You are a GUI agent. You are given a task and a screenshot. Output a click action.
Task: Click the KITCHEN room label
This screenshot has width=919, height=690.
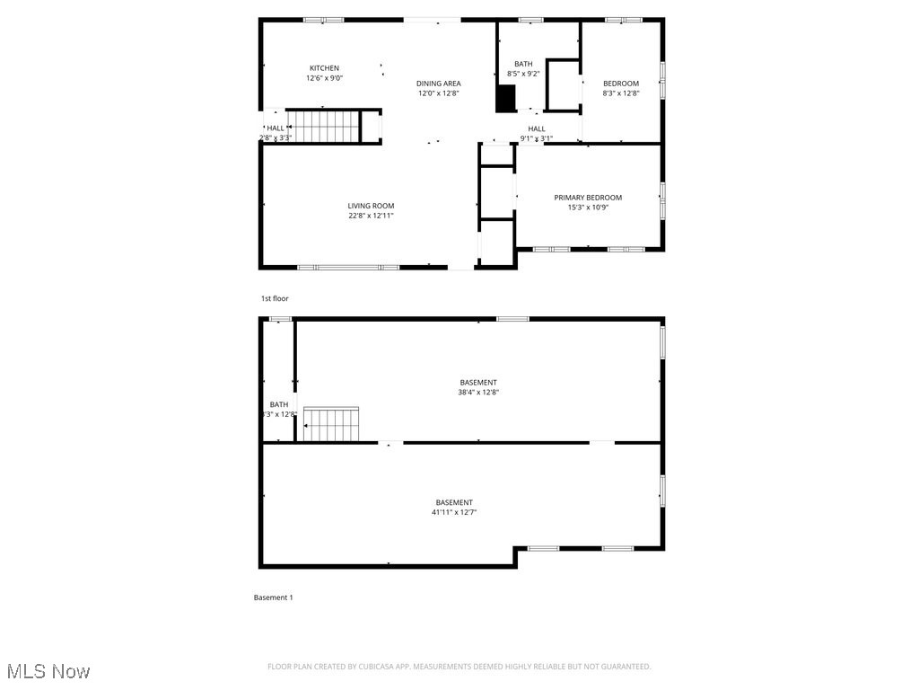[324, 68]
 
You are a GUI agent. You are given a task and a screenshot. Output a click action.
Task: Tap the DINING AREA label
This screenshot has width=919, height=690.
[438, 84]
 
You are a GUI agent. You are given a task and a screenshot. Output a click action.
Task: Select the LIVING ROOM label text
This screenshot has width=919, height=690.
[371, 206]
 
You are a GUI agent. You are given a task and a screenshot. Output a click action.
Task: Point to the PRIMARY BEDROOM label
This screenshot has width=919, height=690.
[587, 198]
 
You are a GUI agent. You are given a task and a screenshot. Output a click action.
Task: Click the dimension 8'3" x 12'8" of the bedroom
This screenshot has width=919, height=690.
[620, 93]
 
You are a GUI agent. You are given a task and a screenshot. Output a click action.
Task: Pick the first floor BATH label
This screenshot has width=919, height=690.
[523, 64]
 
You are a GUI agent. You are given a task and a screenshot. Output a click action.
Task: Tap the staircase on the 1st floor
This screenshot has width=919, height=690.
[323, 127]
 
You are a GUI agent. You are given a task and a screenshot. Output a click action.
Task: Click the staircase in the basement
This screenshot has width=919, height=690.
[331, 424]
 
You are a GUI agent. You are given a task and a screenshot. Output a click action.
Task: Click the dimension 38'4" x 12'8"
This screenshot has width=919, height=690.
[478, 392]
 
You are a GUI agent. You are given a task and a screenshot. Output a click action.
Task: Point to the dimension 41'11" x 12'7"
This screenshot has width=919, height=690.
[454, 512]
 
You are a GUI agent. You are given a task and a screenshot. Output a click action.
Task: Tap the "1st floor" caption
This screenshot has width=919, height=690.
[275, 298]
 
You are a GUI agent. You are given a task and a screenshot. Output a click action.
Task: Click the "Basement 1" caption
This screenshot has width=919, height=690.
[273, 597]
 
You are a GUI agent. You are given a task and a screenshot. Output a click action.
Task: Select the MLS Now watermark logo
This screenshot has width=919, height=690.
[48, 671]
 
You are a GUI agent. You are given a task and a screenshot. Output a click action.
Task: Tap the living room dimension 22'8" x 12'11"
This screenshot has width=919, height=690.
[371, 216]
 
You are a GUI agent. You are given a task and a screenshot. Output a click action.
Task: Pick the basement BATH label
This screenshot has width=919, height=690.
[279, 404]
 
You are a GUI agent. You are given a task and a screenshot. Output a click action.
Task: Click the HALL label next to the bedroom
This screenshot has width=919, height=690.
[537, 128]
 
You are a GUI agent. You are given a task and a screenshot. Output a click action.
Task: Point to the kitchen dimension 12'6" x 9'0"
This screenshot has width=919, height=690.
[324, 78]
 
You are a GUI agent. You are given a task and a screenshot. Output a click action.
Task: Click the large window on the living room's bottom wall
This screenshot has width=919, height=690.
[348, 267]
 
